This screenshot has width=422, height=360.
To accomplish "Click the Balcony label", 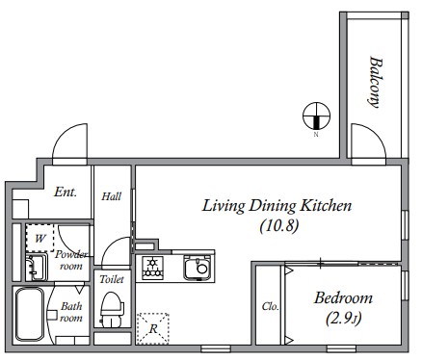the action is point(375,82).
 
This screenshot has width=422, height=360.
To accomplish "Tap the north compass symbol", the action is point(317,116).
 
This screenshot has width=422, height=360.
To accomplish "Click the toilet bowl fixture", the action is point(112,309).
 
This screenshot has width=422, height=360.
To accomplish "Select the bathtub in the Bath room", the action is point(29,315).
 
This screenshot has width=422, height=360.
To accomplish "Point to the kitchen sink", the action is point(197,267).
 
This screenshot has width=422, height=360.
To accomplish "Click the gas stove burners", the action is point(152,268).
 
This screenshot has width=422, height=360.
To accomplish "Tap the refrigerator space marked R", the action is point(153,328).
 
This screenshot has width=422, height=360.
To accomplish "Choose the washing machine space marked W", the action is point(40,238).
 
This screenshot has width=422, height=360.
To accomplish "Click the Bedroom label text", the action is point(343,298).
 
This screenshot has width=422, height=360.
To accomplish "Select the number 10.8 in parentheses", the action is point(279,225).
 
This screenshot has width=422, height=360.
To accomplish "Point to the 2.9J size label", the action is point(344,319).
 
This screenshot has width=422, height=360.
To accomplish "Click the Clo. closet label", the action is point(270,306).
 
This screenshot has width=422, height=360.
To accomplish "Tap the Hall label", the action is point(112,196).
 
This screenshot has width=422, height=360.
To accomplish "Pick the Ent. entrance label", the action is point(66,192).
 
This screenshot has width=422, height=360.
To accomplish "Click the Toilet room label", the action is point(112,279).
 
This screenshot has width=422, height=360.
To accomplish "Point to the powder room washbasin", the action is point(36,267).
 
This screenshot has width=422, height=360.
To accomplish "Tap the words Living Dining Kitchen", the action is point(277,206).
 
